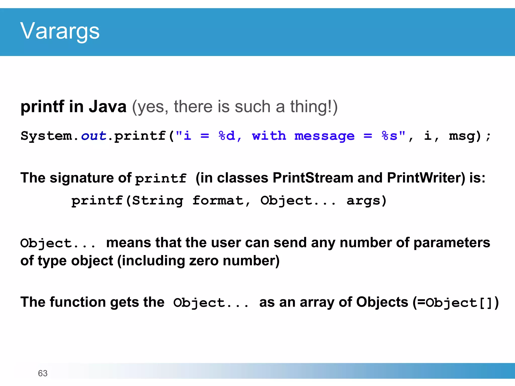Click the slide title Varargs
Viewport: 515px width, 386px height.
click(x=60, y=31)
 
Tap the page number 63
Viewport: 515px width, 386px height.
click(x=42, y=373)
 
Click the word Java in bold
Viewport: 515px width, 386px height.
click(x=107, y=107)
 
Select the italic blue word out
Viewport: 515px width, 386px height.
click(x=94, y=136)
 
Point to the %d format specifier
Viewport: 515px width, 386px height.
click(x=227, y=136)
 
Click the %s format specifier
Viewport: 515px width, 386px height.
click(x=390, y=136)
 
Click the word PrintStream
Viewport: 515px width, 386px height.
click(x=313, y=178)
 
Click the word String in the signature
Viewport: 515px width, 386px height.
click(x=158, y=201)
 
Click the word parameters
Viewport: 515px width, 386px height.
click(x=452, y=243)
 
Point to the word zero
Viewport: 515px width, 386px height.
click(x=204, y=261)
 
